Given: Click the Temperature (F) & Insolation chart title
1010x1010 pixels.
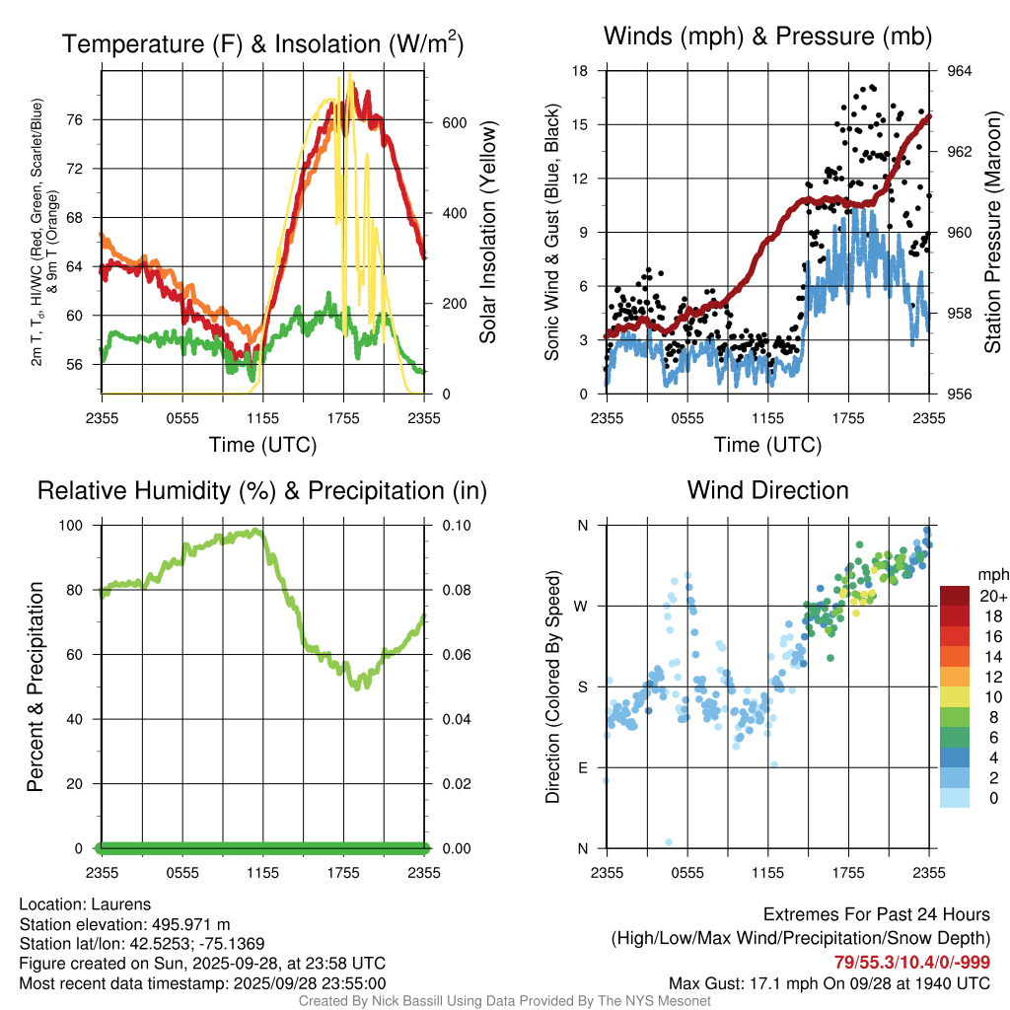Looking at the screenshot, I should coord(262,44).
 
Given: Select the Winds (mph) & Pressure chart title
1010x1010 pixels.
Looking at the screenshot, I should coord(767,37).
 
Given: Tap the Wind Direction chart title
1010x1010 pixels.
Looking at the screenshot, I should coord(767,489).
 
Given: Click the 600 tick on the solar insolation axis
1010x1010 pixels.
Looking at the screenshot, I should coord(440,123).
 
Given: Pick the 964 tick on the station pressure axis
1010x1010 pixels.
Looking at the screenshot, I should coord(960,71).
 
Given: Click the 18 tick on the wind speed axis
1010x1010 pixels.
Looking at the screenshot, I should coord(581,71).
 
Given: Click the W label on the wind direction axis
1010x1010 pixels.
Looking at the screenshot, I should coord(581,607).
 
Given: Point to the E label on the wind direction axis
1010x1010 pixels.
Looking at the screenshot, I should coord(582,768).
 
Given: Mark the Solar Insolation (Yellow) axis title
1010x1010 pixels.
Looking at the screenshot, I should coord(488,232).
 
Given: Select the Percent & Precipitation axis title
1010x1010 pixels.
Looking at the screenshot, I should coord(35,686).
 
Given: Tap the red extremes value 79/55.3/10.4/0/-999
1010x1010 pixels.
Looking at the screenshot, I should coord(912,962).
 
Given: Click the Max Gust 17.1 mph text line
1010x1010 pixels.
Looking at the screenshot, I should coord(830,982).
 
